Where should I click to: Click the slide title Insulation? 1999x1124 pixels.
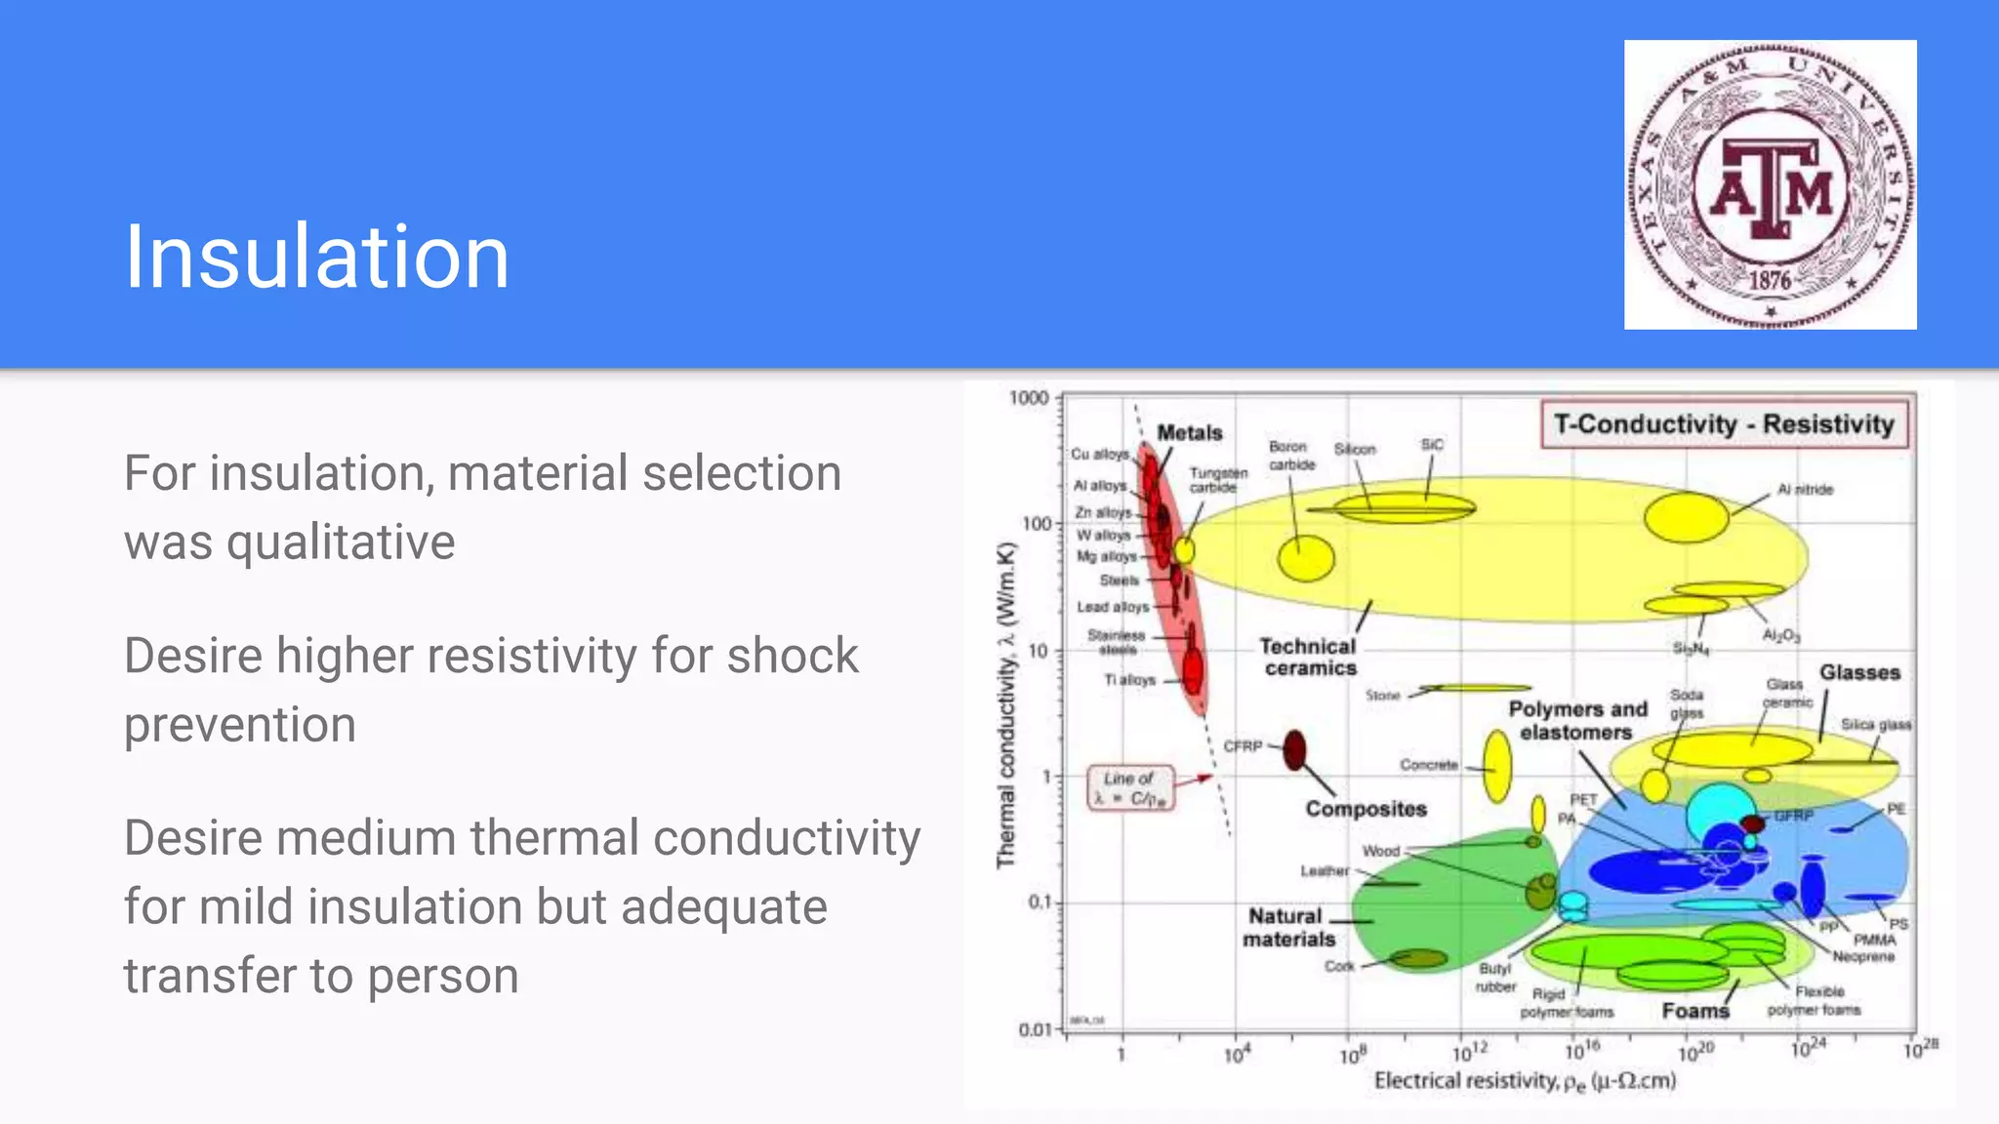(316, 257)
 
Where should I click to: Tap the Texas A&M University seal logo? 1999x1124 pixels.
(1770, 185)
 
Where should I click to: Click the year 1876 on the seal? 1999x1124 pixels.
(1769, 280)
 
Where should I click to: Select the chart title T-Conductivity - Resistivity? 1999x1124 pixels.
(1724, 424)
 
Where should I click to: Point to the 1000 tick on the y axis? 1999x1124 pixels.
(1029, 398)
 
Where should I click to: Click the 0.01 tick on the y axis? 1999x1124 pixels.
(1034, 1029)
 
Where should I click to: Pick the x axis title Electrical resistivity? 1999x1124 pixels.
(1525, 1080)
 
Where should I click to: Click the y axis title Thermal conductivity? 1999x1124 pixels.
(1006, 704)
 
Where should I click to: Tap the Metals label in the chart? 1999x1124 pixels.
(1189, 432)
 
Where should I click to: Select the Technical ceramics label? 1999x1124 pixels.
(1308, 657)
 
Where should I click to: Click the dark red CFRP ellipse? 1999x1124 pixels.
(1294, 749)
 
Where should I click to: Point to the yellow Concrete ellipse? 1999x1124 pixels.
(1497, 767)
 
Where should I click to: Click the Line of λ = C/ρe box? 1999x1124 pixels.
(1130, 787)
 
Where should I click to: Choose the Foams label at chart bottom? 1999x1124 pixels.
(1694, 1011)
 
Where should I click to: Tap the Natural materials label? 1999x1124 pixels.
(1287, 927)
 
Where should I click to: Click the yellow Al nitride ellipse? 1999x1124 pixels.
(1686, 517)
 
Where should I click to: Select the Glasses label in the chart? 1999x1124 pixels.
(1858, 672)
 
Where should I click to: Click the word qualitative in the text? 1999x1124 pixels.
(341, 542)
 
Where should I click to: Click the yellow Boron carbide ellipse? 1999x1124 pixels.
(1306, 559)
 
